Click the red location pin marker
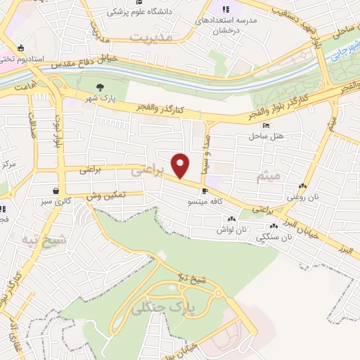tap(181, 166)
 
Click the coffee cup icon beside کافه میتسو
tap(205, 191)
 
